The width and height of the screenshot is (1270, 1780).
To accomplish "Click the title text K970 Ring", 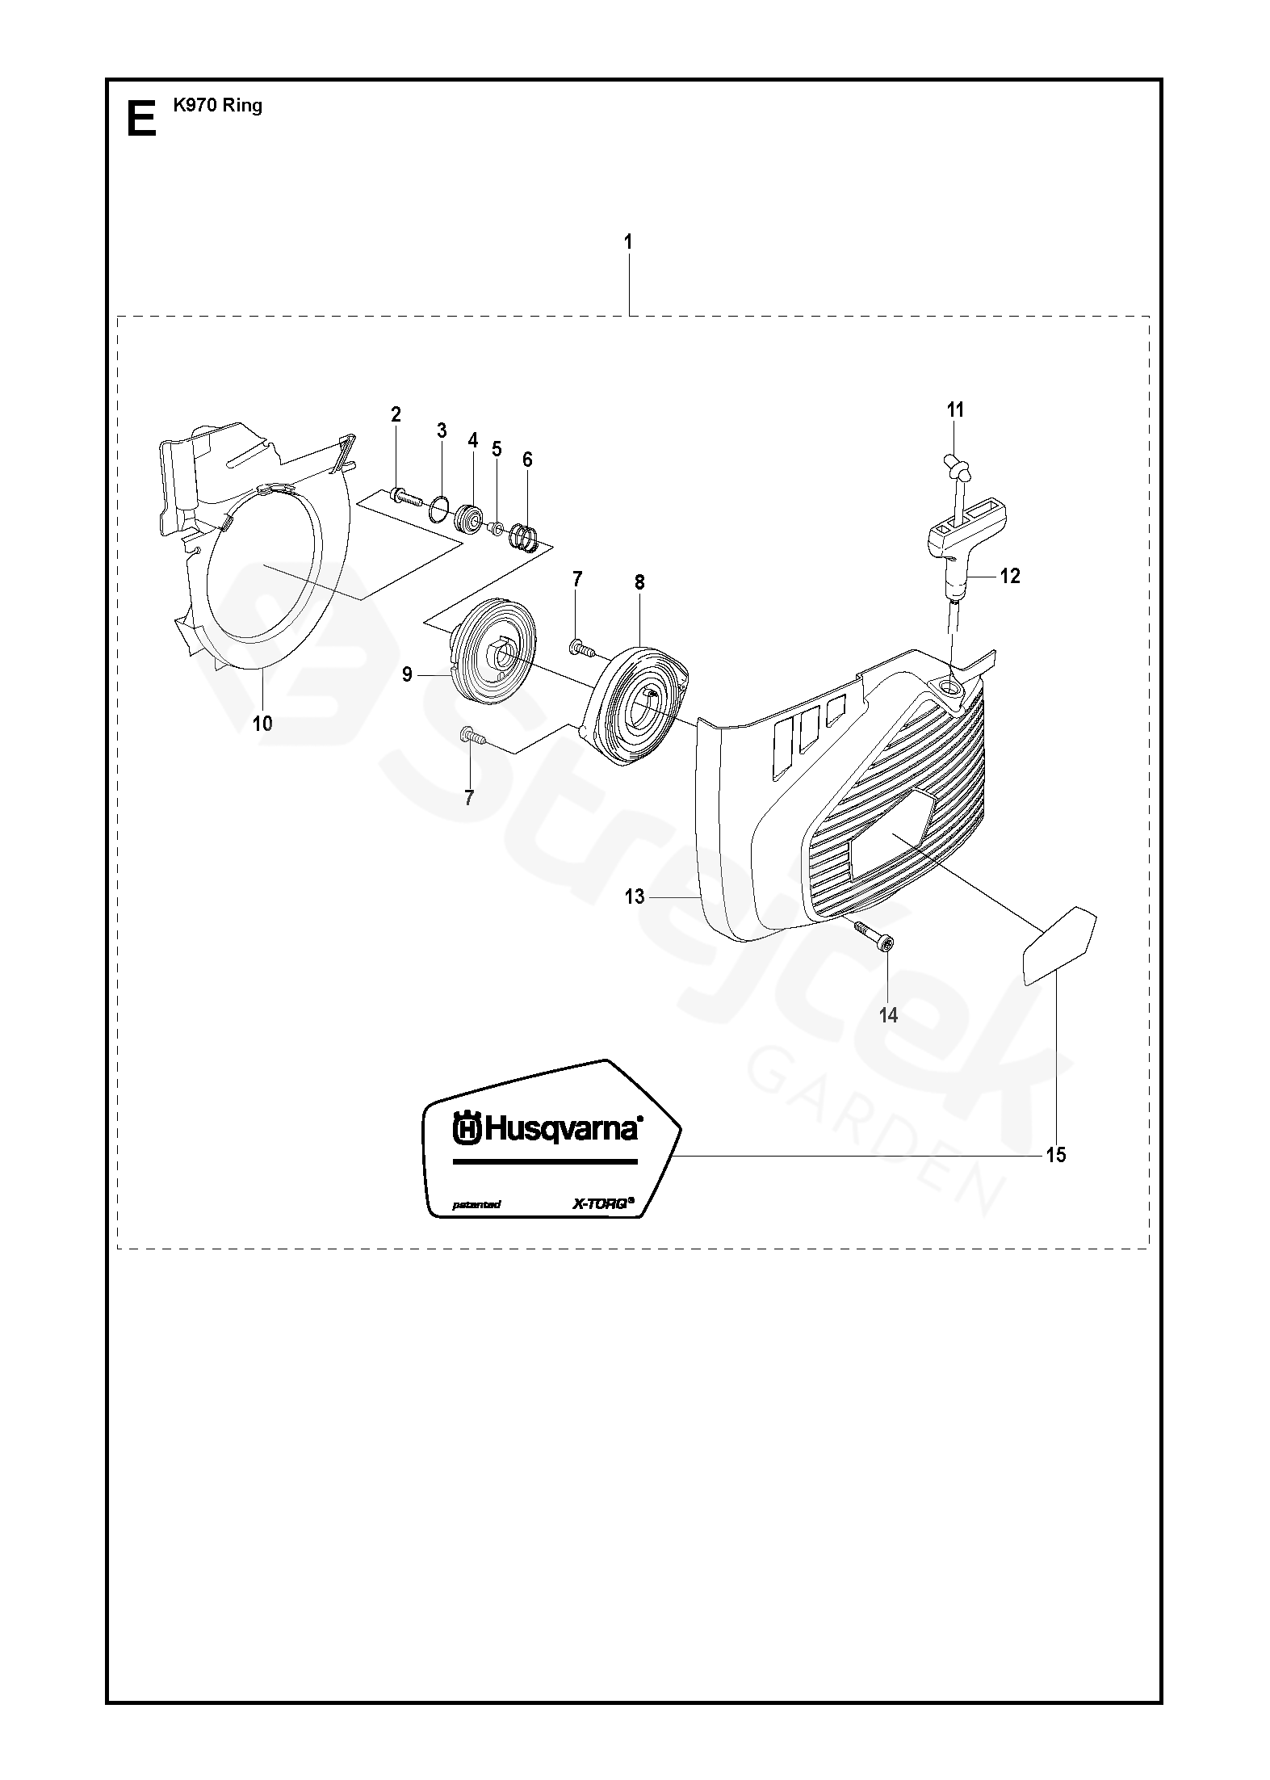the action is [217, 105].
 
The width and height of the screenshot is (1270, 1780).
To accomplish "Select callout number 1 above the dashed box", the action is [628, 241].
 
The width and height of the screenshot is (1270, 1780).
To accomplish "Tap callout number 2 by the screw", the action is [396, 415].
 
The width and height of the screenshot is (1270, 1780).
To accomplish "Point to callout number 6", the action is [527, 460].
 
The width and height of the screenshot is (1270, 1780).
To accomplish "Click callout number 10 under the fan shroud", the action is [262, 724].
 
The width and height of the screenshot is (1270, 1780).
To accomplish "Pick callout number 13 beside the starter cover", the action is [635, 896].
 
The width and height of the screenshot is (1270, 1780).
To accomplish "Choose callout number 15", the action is [1055, 1155].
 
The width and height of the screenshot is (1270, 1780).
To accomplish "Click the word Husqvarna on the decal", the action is [547, 1128].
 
